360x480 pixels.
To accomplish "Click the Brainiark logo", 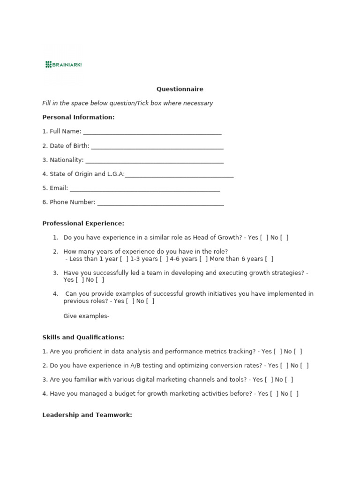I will click(x=64, y=64).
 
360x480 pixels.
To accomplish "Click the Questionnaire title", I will click(x=180, y=89).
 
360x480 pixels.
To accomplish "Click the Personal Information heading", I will click(x=78, y=117).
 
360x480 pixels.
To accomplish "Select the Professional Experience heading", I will click(x=83, y=224).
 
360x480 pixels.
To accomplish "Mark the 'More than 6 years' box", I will click(x=269, y=259).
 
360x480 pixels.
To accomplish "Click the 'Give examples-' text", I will click(x=86, y=316).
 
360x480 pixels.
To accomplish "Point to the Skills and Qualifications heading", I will click(x=83, y=337).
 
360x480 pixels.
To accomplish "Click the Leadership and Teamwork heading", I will click(x=87, y=415).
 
